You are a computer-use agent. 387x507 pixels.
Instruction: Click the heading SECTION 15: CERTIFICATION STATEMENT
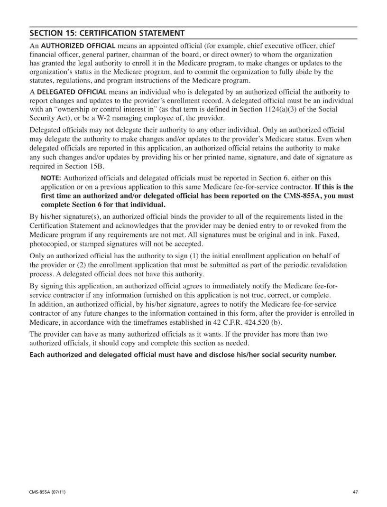pyautogui.click(x=107, y=33)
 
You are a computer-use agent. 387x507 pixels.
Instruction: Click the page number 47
pyautogui.click(x=355, y=492)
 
